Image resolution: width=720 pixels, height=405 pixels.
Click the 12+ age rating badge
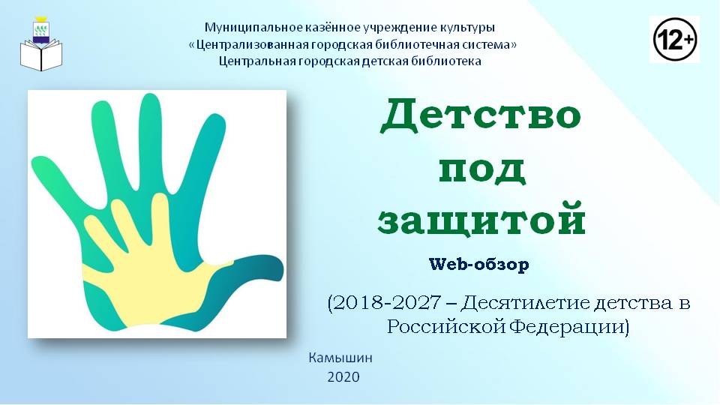674,40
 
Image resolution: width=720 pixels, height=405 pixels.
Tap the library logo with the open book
40,44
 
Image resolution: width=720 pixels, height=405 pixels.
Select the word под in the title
481,170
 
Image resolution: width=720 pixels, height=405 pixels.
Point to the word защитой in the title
481,219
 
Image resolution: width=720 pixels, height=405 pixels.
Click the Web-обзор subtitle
479,264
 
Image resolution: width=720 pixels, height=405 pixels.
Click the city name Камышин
340,358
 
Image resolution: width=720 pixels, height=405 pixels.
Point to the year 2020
343,377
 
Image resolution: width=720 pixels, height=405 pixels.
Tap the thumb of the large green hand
243,275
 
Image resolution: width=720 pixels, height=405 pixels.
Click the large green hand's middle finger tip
149,103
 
